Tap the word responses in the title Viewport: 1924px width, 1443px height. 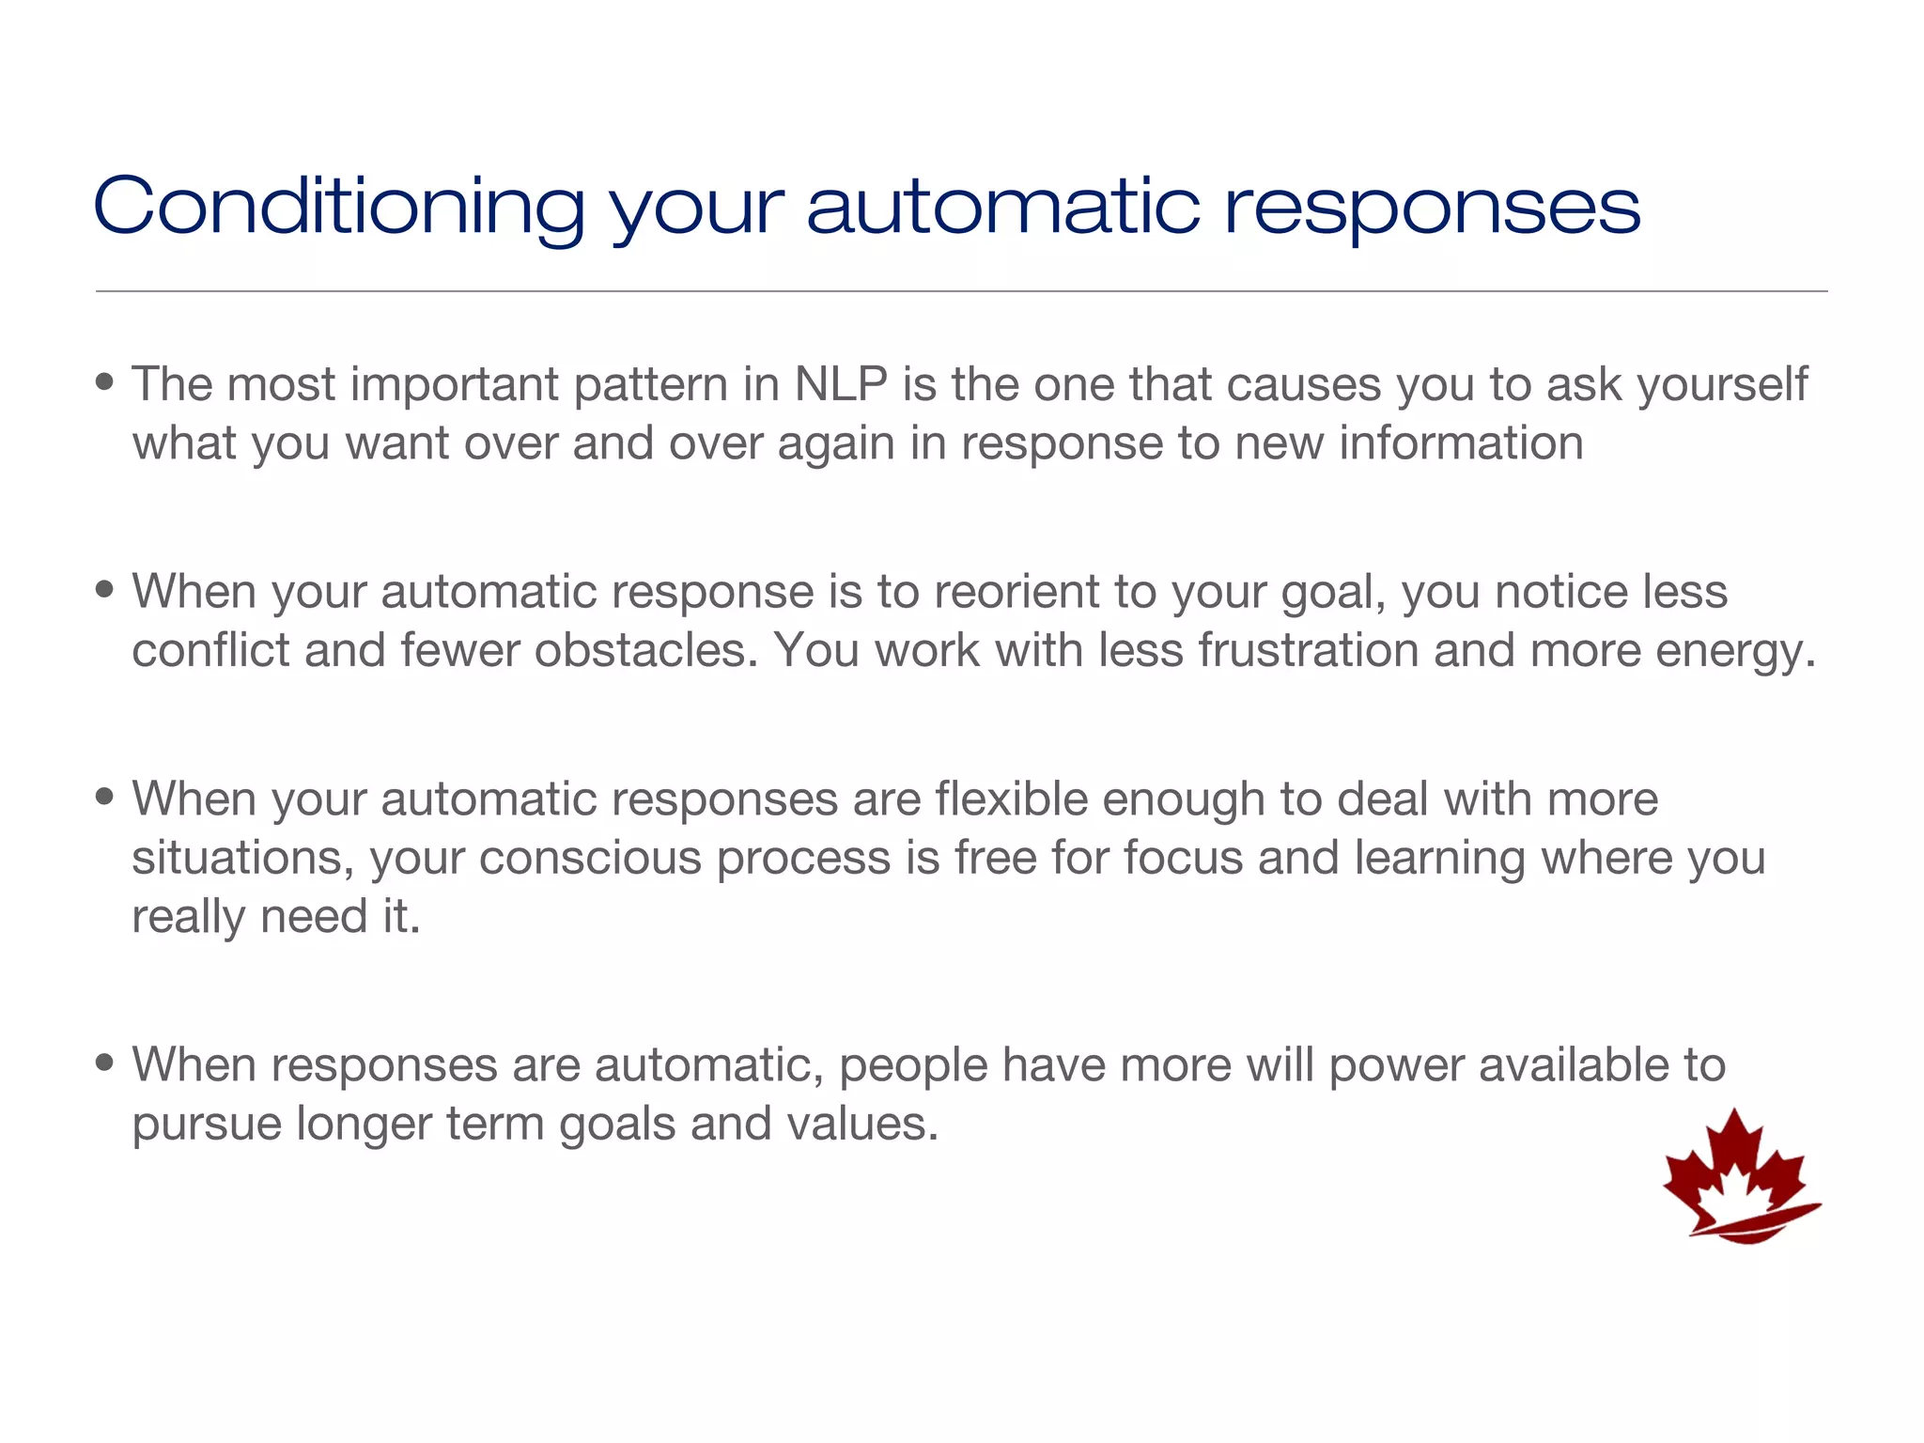pos(1432,209)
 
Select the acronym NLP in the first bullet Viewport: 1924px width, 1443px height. pos(841,384)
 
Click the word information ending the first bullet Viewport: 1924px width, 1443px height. pos(1461,443)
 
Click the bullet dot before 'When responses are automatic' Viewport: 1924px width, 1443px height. pos(105,1063)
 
